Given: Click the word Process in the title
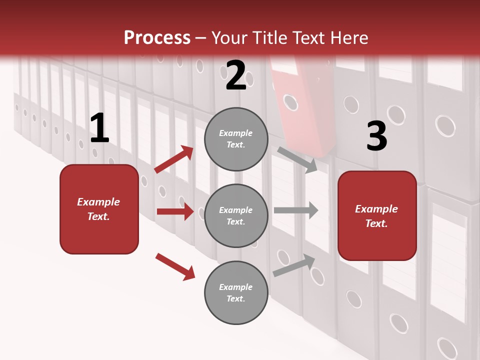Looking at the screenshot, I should pyautogui.click(x=157, y=37).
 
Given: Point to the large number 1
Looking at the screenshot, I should pyautogui.click(x=99, y=128).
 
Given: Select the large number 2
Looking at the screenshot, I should pyautogui.click(x=236, y=76).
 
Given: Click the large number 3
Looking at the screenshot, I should pyautogui.click(x=376, y=136).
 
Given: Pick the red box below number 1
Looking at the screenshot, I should pyautogui.click(x=99, y=209).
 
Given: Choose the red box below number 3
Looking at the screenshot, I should pyautogui.click(x=377, y=215).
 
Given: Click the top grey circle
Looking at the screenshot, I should pyautogui.click(x=236, y=139).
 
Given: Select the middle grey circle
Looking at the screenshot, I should pyautogui.click(x=236, y=215).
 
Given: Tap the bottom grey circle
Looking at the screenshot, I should pyautogui.click(x=236, y=292).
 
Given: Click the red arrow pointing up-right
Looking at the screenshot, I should pyautogui.click(x=174, y=159).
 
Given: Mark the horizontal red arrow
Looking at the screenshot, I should pyautogui.click(x=175, y=211).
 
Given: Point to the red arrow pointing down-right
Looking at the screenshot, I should pyautogui.click(x=175, y=266).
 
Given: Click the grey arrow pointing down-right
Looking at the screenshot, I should pyautogui.click(x=297, y=159).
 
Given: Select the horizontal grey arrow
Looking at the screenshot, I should pyautogui.click(x=295, y=210).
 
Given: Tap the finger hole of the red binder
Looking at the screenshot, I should pyautogui.click(x=290, y=102).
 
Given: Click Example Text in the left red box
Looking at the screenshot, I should pyautogui.click(x=98, y=209).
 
